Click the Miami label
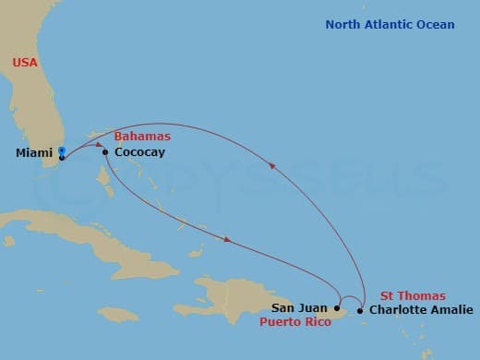[x=33, y=155]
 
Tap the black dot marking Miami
[x=61, y=157]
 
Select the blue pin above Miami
[x=61, y=150]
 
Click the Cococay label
[x=139, y=152]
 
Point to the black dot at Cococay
[x=105, y=152]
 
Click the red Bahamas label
[x=148, y=137]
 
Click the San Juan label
[x=300, y=308]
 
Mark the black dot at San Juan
[x=337, y=308]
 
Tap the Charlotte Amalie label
[x=420, y=310]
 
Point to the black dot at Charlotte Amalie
[x=359, y=310]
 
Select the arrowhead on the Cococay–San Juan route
[x=227, y=242]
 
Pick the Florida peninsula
[x=42, y=111]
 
